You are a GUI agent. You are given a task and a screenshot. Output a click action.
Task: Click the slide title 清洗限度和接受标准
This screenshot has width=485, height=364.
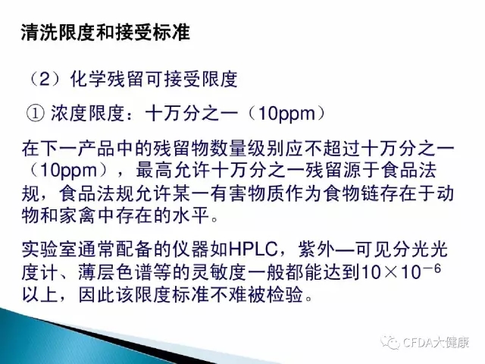105,32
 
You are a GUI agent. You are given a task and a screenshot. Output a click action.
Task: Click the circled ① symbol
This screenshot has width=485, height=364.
35,114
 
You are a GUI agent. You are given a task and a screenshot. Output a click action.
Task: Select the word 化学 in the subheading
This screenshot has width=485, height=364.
89,80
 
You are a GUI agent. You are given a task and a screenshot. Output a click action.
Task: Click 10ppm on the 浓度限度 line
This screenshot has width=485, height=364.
286,114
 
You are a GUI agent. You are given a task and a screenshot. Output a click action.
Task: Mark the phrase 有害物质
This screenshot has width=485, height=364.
246,193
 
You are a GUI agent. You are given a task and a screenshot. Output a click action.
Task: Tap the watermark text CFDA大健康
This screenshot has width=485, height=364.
436,343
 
